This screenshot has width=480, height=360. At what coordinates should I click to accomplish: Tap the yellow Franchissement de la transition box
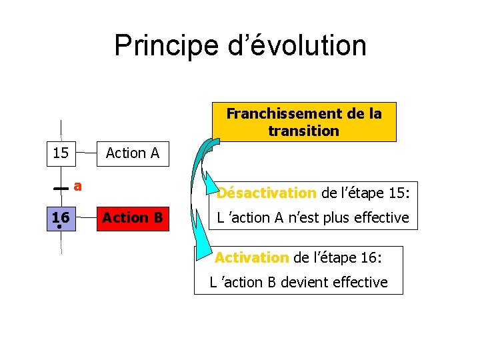(x=303, y=122)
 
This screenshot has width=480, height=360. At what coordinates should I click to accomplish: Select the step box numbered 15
(x=61, y=153)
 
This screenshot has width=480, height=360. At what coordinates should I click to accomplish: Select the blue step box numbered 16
(x=61, y=217)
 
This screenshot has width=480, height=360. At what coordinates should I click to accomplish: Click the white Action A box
(x=133, y=153)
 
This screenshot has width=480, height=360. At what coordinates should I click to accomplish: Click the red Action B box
(x=133, y=217)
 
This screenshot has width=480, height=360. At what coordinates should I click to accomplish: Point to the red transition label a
(x=77, y=186)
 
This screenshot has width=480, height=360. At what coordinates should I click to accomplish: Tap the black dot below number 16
(x=60, y=227)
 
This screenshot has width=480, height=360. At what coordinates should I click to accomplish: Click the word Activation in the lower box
(x=252, y=257)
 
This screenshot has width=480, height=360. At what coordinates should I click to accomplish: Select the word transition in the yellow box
(x=303, y=131)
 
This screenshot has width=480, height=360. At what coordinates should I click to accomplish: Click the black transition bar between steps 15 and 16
(x=61, y=189)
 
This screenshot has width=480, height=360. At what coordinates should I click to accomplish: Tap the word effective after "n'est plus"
(x=380, y=217)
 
